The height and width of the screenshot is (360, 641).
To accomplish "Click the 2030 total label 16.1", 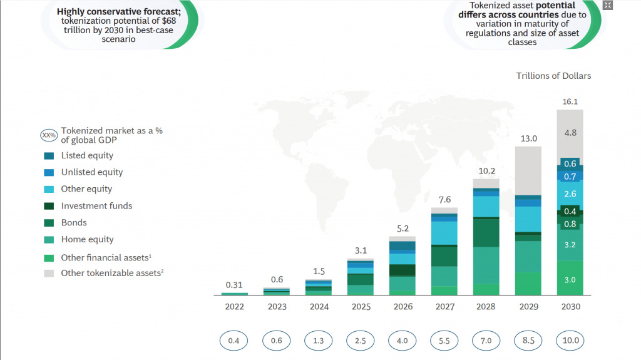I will point(570,101).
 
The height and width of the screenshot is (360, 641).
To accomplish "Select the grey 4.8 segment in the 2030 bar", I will point(570,133).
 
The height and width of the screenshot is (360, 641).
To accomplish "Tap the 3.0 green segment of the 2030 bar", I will point(570,279).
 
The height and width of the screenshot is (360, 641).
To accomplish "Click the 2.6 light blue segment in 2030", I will point(570,194).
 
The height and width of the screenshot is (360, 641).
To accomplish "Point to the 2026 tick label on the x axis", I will point(403,307).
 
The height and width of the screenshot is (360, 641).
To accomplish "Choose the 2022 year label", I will point(235,307).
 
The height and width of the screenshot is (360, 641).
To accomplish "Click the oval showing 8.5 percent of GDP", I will point(528,341).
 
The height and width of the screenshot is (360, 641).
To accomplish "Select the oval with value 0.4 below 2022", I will point(234,341).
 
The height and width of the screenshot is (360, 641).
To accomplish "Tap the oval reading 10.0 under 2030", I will point(570,341).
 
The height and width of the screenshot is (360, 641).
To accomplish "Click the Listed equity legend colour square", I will point(49,155).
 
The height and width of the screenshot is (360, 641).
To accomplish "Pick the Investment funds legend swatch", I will point(49,206).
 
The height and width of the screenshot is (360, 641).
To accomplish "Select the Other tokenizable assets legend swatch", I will point(49,273).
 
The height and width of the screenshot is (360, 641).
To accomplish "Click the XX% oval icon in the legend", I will point(49,135).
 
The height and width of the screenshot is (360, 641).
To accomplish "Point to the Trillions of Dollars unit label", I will point(553,76).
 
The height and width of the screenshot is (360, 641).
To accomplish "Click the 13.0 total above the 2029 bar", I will point(528,138).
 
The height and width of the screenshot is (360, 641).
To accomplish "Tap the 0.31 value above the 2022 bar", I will point(235,285).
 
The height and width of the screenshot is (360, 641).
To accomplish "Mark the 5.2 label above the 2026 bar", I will point(403,229).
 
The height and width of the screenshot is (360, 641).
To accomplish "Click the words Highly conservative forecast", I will point(118,11).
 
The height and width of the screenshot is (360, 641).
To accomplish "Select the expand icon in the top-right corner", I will point(607,6).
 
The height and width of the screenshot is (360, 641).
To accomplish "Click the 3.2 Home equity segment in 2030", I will point(570,245).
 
